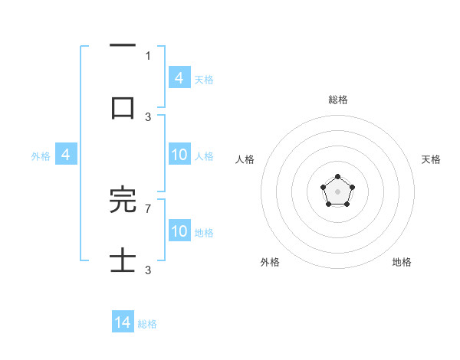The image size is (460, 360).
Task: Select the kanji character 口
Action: pos(123,107)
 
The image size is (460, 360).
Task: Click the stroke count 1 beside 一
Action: pos(148,55)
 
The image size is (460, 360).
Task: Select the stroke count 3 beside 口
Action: pos(148,116)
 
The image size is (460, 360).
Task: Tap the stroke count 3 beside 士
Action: pos(148,270)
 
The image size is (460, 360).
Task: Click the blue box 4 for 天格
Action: pos(179,78)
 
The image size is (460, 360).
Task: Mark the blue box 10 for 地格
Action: pos(179,231)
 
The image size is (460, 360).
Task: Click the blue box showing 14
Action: pos(123,323)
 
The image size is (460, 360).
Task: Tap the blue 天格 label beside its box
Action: pos(204,79)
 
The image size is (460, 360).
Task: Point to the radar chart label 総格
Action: pos(337,100)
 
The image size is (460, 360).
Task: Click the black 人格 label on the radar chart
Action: pos(245,159)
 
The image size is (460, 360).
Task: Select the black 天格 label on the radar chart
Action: pos(431,159)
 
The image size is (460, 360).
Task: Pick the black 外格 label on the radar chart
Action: pos(270,262)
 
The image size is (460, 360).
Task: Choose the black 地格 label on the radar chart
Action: pos(402,262)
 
